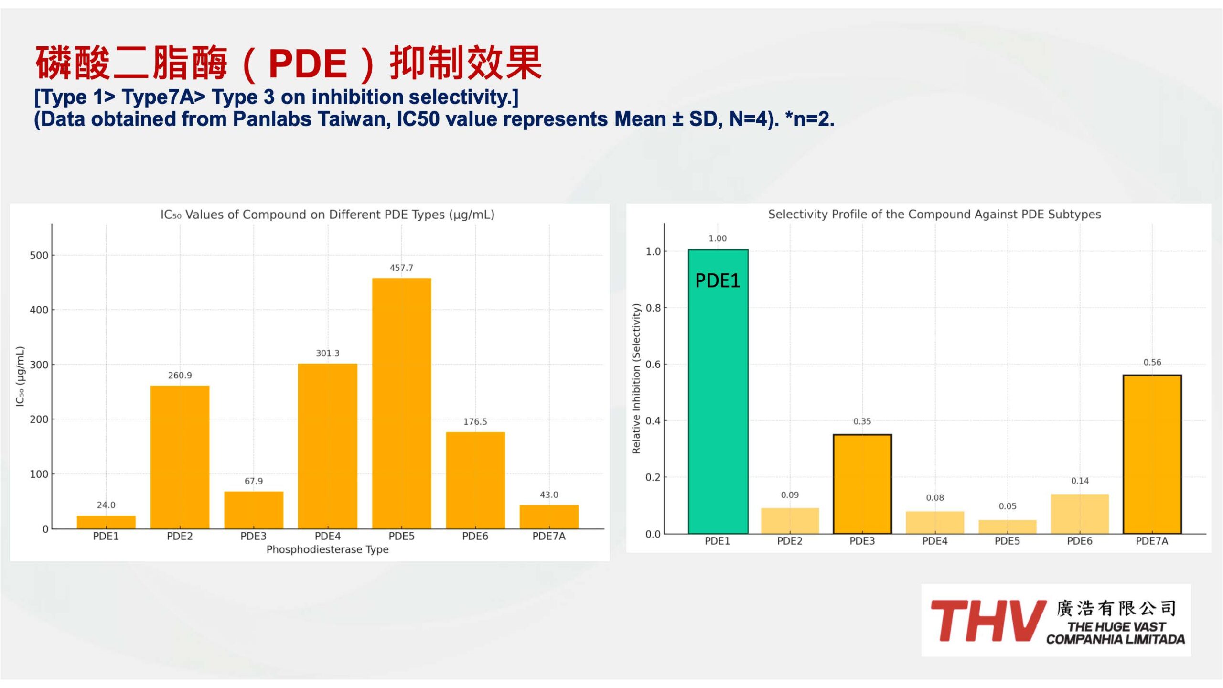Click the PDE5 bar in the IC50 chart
401,403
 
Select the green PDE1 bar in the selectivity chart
718,391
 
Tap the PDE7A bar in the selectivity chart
1152,454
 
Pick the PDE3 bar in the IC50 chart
254,510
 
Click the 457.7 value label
401,268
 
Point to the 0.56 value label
1152,362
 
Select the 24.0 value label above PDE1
106,505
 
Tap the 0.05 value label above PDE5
1008,506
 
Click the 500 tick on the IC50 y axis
39,255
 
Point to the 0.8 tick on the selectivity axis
653,308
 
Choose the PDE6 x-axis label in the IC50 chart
475,536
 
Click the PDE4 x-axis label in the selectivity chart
935,541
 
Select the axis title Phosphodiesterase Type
327,549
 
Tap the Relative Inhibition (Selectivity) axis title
636,378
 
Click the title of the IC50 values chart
327,215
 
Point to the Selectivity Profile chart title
934,214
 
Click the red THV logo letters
987,621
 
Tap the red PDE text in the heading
308,64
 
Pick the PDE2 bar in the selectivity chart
790,521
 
